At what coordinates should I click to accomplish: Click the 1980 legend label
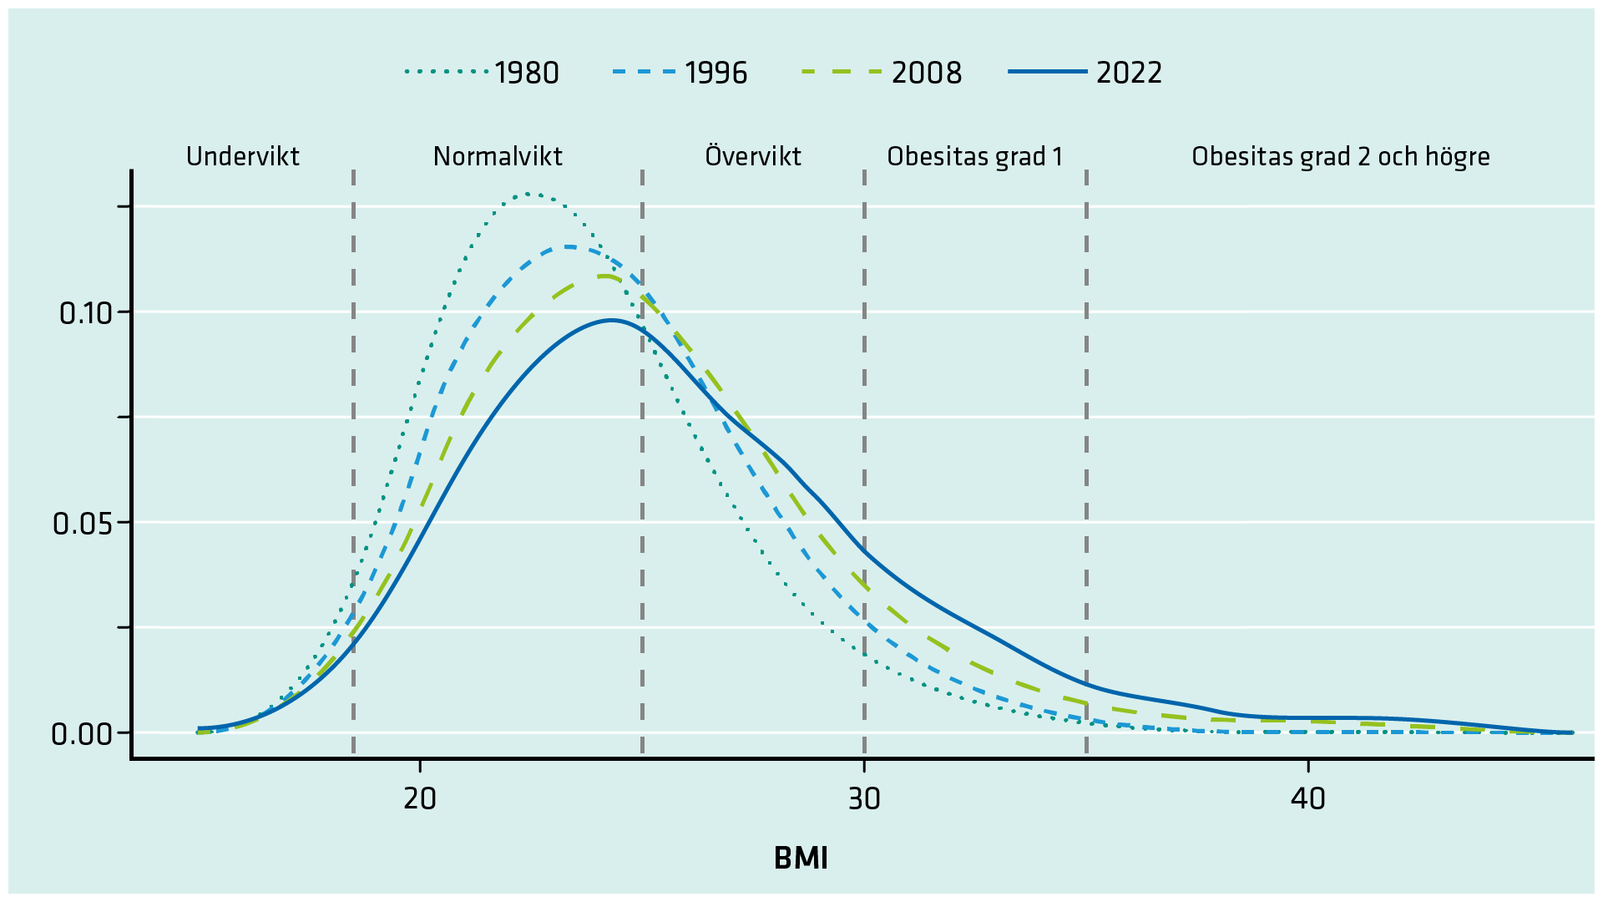[526, 73]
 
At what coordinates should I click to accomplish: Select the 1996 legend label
[716, 73]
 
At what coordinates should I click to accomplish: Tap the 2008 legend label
[926, 73]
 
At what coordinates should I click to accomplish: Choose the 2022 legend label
[1129, 73]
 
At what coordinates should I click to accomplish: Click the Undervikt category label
[242, 156]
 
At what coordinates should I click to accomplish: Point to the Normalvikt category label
[498, 156]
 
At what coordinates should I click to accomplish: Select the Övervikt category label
[752, 156]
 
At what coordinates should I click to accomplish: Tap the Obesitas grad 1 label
[974, 156]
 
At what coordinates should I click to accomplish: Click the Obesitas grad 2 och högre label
[1340, 156]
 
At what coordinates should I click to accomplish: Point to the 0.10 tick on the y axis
[85, 313]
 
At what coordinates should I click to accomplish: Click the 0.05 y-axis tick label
[82, 524]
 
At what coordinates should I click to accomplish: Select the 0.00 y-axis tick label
[82, 734]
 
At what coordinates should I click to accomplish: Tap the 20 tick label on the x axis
[419, 799]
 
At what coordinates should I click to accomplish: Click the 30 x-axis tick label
[864, 799]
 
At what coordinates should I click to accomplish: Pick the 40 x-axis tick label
[1307, 799]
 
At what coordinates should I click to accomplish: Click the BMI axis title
[801, 859]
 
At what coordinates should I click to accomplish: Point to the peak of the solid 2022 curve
[611, 320]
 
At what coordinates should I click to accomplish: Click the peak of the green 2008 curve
[604, 276]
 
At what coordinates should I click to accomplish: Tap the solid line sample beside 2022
[1048, 73]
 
